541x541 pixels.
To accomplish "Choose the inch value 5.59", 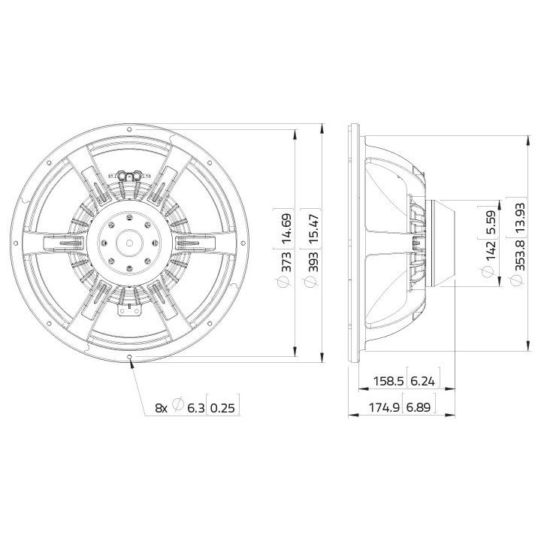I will [490, 223].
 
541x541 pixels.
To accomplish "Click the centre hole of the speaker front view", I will [130, 242].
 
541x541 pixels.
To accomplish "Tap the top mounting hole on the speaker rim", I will [130, 129].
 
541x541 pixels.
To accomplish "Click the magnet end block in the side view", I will [446, 242].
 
